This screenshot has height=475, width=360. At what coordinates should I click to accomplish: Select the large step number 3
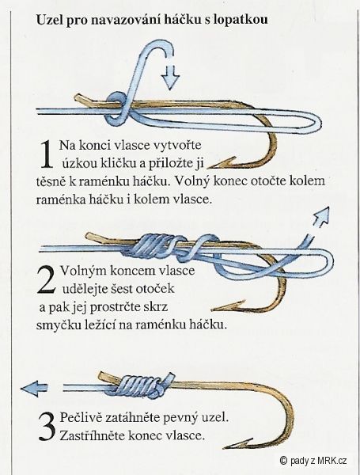[46, 424]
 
